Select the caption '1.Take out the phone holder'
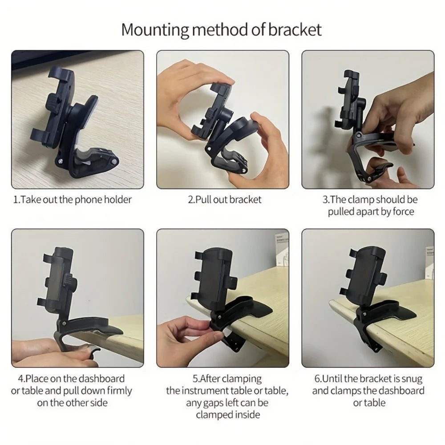click(73, 199)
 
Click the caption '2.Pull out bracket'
click(225, 199)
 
